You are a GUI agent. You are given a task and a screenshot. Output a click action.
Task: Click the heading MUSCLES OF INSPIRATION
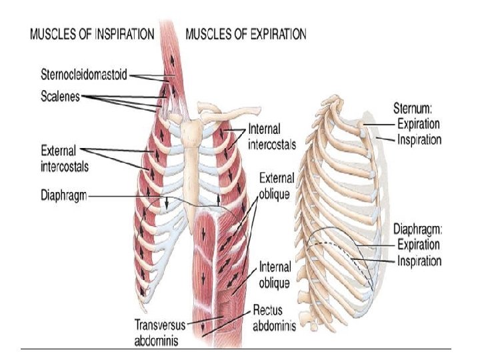92,33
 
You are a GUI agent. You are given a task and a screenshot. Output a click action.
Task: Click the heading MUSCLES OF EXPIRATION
245,33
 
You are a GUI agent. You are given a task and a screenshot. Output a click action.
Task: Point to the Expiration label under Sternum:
418,125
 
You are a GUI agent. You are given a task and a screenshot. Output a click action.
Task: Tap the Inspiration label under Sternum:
419,139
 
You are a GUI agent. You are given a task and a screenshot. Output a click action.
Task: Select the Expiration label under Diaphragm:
418,246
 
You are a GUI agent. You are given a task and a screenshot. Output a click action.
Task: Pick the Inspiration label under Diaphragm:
419,261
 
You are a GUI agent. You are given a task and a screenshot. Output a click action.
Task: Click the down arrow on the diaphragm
166,202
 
